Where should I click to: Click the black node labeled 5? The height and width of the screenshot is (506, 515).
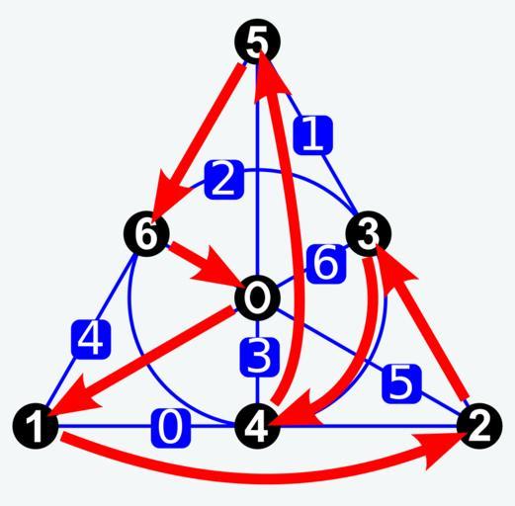(257, 42)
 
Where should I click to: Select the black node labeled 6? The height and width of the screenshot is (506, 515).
(146, 233)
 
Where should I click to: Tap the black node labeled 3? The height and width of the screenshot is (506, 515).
(369, 233)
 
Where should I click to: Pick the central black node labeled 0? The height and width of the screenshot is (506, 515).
(257, 297)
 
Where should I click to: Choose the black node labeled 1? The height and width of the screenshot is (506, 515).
(36, 426)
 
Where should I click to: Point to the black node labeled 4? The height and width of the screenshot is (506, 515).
(257, 426)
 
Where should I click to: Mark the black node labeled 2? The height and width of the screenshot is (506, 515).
(479, 426)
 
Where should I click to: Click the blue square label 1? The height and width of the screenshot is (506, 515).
(313, 135)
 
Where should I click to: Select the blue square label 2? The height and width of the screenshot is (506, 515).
(224, 180)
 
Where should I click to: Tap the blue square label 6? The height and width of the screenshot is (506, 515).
(326, 264)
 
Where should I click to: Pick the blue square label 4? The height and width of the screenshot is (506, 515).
(91, 339)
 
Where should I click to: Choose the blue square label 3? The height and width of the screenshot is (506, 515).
(260, 358)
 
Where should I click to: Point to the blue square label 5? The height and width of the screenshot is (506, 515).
(402, 383)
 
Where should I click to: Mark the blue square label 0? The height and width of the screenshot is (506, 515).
(171, 428)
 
